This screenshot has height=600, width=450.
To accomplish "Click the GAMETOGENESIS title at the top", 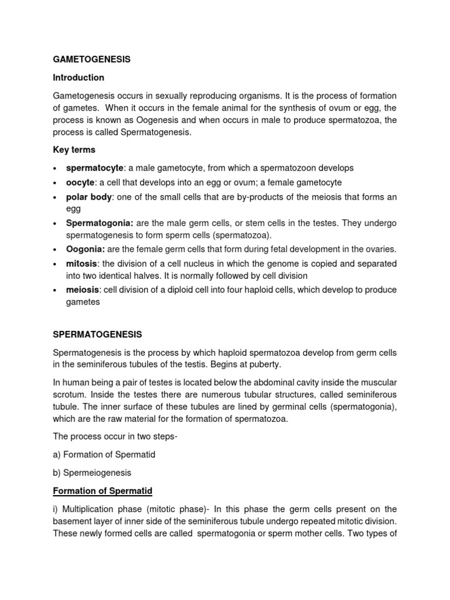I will (91, 59).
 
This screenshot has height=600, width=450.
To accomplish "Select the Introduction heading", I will (79, 77).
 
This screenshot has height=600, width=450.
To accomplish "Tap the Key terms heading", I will (74, 149).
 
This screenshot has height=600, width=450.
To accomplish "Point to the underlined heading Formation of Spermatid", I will (103, 490).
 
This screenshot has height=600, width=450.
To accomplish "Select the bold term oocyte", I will (80, 183).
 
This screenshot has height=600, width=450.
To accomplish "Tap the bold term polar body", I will (88, 197).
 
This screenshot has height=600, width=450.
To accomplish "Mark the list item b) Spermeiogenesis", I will (92, 472).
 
